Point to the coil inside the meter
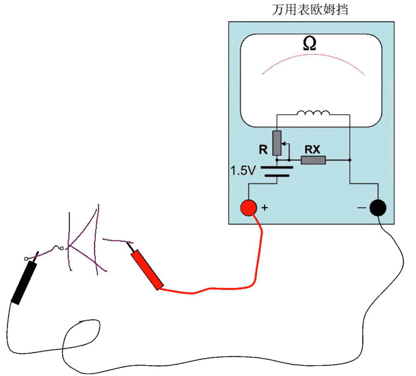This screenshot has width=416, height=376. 313,113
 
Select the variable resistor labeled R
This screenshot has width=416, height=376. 277,143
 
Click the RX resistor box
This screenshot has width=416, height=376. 313,160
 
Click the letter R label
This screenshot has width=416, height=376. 263,150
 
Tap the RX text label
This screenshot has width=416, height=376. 312,149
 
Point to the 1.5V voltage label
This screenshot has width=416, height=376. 244,170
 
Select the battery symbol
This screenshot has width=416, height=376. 277,171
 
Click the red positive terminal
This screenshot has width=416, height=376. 249,207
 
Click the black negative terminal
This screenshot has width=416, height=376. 378,207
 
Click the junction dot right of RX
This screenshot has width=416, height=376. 350,160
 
